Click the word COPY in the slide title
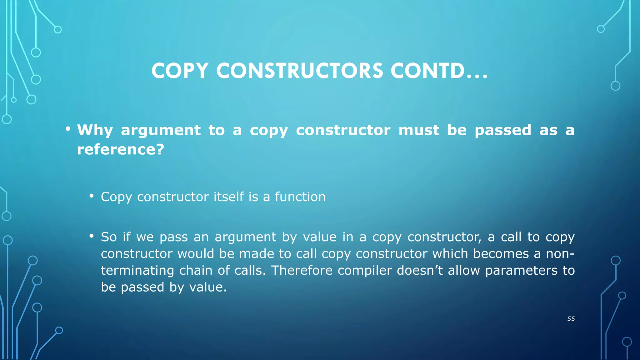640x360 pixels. tap(180, 71)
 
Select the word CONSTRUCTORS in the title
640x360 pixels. tap(299, 71)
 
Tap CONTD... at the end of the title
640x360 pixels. tap(439, 71)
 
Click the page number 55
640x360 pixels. tap(571, 319)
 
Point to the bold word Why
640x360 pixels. tap(95, 130)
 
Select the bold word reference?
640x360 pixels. tap(121, 149)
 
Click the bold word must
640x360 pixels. tap(419, 130)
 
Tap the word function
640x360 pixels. tap(300, 197)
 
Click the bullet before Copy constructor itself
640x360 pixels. tap(91, 196)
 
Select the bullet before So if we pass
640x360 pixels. tap(91, 236)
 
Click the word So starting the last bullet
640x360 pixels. tap(109, 237)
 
